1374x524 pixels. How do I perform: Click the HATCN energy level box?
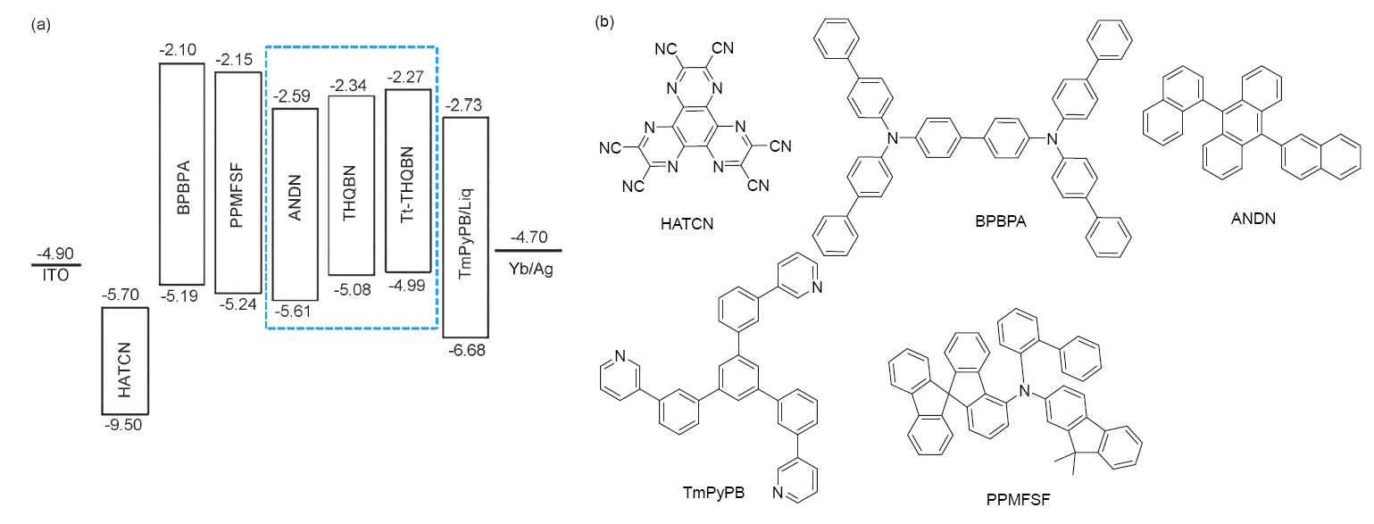[x=125, y=361]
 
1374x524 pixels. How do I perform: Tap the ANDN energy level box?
[x=295, y=204]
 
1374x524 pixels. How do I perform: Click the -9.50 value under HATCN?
[x=123, y=425]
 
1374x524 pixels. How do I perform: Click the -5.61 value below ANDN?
[x=294, y=311]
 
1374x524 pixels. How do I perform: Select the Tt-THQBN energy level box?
[x=408, y=179]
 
